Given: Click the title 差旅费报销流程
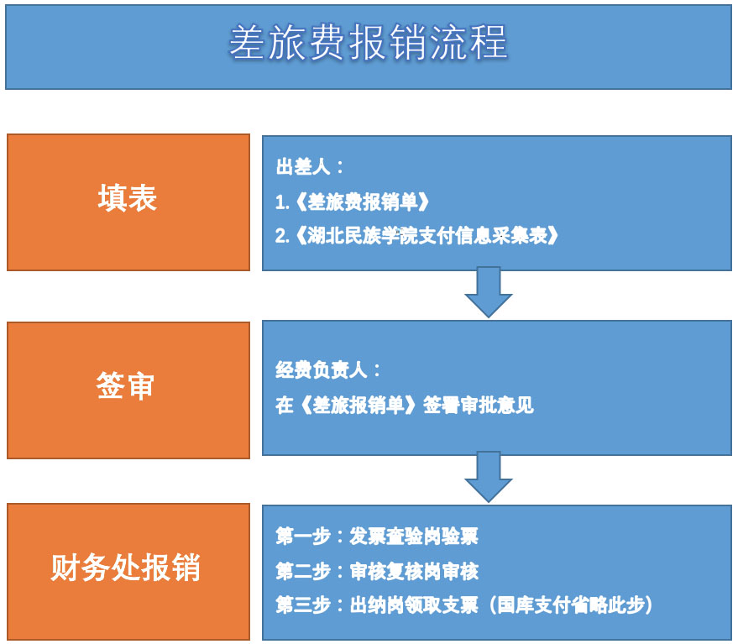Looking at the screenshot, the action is pos(368,43).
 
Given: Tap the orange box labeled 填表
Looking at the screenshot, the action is pos(128,202).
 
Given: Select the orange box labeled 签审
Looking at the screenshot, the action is pos(128,390).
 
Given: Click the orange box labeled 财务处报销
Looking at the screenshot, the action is pos(128,572).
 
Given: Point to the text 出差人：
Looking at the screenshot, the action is pos(309,166).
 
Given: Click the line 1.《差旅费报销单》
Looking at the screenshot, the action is pos(352,202).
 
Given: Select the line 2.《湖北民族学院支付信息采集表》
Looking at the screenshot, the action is pos(417,235).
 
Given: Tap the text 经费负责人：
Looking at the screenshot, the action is pos(327,370).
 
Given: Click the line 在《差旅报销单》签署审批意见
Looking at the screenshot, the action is pos(405,405).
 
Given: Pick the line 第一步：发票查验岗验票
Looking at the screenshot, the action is pos(377,537).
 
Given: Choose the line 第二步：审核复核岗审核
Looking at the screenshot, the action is pos(377,571).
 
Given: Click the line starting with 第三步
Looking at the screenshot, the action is pos(464,605).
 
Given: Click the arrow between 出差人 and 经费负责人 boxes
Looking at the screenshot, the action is pos(489,292).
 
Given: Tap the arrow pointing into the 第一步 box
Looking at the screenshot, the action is pos(489,477).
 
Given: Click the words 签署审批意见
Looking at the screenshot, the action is pos(479,405).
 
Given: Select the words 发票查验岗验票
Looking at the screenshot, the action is pos(414,537).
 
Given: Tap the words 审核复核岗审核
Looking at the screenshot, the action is pos(414,571).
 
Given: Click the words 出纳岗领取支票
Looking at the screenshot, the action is pos(414,605).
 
